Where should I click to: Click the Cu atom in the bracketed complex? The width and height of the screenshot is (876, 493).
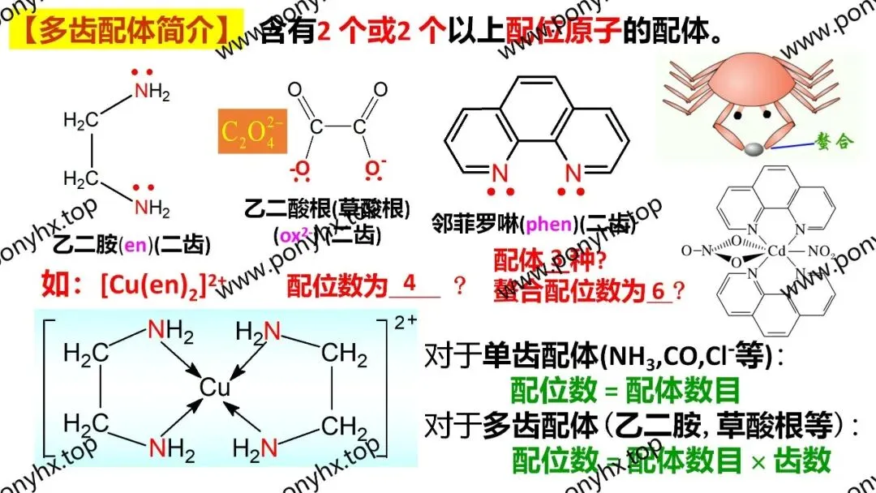pyautogui.click(x=216, y=388)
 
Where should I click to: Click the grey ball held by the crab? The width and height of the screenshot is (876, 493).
pyautogui.click(x=754, y=149)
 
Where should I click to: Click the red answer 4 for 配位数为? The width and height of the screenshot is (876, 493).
pyautogui.click(x=409, y=283)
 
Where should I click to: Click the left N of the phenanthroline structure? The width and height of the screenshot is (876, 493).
pyautogui.click(x=499, y=173)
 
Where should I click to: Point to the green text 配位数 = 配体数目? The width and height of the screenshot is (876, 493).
pyautogui.click(x=625, y=391)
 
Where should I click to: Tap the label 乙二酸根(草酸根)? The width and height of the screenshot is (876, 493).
pyautogui.click(x=327, y=208)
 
